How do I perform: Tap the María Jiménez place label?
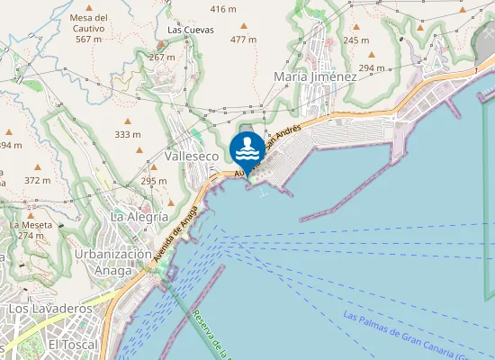coord(315,76)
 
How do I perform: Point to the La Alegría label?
coord(139,217)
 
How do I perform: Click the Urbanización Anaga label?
coord(112,261)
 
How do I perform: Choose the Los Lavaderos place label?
coord(50,309)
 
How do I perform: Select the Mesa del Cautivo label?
coord(88,28)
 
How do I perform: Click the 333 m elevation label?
coord(127,134)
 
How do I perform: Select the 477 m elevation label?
coord(243,40)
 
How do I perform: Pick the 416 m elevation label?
coord(223,9)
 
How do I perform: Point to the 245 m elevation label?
coord(355,40)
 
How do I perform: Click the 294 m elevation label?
coord(371,68)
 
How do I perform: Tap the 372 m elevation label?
coord(38,180)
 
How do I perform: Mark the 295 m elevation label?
coord(154,181)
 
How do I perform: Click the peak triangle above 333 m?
coord(127,121)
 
